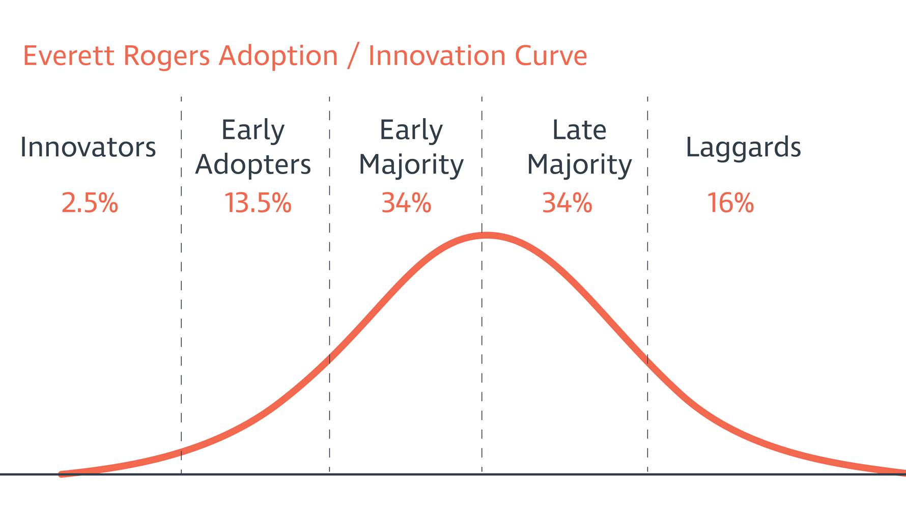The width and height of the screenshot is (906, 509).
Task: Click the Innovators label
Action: [x=88, y=147]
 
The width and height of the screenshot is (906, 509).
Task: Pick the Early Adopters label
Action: [x=253, y=148]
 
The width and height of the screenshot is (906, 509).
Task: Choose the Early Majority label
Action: [x=411, y=148]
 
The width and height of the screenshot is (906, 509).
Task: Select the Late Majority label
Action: [x=579, y=148]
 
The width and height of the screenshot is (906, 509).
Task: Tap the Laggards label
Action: [x=743, y=148]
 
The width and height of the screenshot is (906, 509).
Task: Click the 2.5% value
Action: [x=90, y=203]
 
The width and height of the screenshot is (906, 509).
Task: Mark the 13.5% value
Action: [x=258, y=203]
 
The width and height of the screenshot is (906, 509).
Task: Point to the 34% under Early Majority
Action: [x=406, y=203]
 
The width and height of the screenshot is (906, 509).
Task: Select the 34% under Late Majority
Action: [x=567, y=203]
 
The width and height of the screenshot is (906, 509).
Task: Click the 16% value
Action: [x=730, y=203]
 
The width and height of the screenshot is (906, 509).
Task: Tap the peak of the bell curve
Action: [x=487, y=235]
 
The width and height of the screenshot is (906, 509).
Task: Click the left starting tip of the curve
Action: [x=61, y=474]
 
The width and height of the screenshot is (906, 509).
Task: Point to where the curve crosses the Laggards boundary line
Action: [x=647, y=360]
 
